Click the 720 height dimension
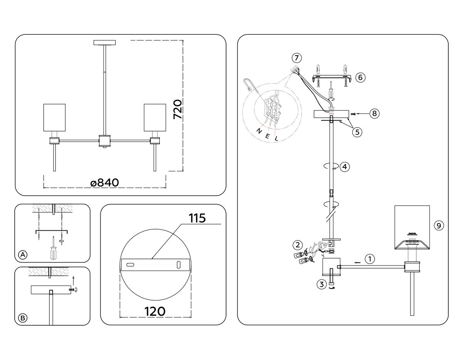(x=177, y=110)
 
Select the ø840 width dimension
(x=104, y=183)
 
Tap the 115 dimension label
(x=197, y=218)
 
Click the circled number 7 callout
(x=296, y=58)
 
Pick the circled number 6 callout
(x=360, y=77)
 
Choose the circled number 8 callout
(x=373, y=113)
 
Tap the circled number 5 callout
(x=357, y=132)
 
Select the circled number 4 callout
(x=345, y=167)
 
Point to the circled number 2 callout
(x=297, y=244)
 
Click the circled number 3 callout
(x=321, y=285)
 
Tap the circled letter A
(x=23, y=254)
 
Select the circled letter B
(x=23, y=318)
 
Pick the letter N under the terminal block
(x=259, y=131)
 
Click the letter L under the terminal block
(x=277, y=138)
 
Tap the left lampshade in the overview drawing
(x=53, y=117)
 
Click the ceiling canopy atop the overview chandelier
(x=105, y=42)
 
